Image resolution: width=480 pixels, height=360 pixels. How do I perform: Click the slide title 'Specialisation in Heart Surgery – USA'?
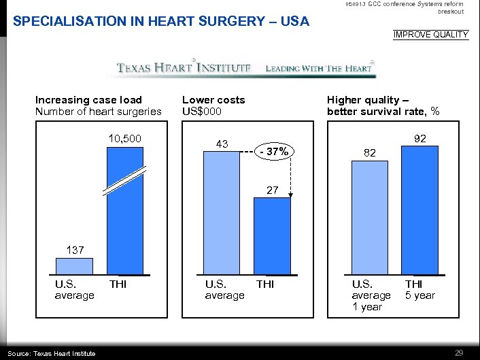tap(161, 22)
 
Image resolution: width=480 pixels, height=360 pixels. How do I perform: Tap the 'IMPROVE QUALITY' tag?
tap(431, 35)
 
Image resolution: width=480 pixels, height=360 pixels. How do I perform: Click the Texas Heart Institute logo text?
tap(184, 68)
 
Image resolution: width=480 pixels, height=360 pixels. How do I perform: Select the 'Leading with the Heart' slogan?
tap(319, 68)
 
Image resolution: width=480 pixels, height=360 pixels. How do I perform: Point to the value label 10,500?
tap(124, 139)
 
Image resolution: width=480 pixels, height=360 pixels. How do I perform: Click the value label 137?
tap(75, 250)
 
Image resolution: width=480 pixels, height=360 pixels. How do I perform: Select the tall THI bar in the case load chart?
tap(124, 225)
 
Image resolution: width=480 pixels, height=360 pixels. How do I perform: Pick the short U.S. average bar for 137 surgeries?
tap(73, 265)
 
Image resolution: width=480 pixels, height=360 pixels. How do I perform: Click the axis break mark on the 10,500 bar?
tap(124, 181)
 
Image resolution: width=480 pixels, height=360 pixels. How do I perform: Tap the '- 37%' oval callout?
tap(276, 152)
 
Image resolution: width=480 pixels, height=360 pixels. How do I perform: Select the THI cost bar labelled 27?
tap(273, 237)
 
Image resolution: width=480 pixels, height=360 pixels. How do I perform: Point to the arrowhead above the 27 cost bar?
tap(291, 195)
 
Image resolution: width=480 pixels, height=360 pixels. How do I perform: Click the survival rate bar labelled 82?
tap(369, 218)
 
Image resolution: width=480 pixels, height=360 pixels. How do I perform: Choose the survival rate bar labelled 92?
tap(419, 210)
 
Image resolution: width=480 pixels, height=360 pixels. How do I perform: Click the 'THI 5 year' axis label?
tap(419, 289)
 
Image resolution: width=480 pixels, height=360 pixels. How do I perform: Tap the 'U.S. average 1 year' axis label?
tap(371, 295)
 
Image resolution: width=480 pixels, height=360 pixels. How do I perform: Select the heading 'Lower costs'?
tap(213, 100)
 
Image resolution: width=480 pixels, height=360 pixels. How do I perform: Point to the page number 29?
tap(459, 352)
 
